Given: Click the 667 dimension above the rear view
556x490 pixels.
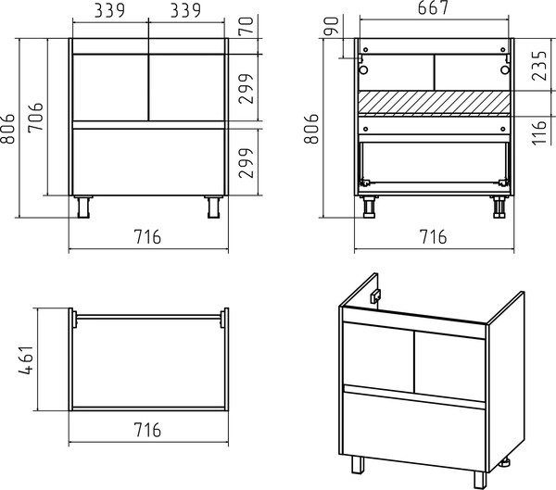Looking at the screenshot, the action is (433, 7).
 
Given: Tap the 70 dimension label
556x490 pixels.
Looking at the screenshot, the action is (246, 26).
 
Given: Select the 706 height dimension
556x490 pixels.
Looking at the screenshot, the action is (35, 118).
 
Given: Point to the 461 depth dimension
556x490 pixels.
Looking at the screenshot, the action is (26, 360).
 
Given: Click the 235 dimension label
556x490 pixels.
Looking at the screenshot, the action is (539, 66).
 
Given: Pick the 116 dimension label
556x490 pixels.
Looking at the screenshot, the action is (539, 132).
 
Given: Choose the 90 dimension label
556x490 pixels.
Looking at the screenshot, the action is (332, 26).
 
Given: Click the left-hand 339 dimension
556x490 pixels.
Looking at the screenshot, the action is (109, 10).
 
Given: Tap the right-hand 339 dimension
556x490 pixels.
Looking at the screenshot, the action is (185, 10).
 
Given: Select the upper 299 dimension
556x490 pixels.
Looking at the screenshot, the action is (246, 89).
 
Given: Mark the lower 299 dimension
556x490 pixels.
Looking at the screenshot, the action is (246, 163).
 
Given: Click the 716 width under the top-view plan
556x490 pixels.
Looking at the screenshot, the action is (147, 430).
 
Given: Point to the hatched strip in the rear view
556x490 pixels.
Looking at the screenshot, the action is (434, 103).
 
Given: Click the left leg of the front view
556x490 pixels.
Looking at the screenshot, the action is (83, 207).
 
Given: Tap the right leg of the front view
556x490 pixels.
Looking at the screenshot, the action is (213, 207).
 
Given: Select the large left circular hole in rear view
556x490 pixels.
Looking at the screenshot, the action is (363, 69).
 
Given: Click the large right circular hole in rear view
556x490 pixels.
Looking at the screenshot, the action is (505, 69).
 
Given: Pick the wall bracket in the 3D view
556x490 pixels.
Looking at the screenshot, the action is (375, 296).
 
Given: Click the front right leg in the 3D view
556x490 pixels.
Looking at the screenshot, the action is (480, 480).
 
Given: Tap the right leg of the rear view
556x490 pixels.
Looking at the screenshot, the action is (499, 207).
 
